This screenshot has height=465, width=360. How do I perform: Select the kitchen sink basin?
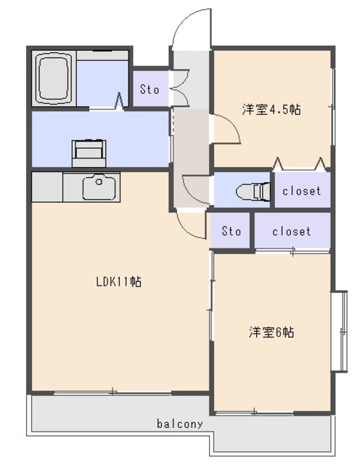point(99,188)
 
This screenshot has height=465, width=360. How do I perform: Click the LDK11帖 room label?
point(118,282)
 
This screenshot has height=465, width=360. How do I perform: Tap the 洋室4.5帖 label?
point(271,110)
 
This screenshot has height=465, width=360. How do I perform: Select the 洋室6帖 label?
point(271,332)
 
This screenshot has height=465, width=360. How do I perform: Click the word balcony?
point(179,424)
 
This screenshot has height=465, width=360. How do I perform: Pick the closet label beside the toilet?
point(301,192)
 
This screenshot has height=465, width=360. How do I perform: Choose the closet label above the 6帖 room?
point(292,231)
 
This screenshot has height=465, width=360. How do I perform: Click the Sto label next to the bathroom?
point(150,90)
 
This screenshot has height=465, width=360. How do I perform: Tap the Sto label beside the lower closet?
point(231,231)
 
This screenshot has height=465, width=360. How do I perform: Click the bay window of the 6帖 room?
point(339,331)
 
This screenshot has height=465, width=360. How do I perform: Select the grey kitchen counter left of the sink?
point(47,187)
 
